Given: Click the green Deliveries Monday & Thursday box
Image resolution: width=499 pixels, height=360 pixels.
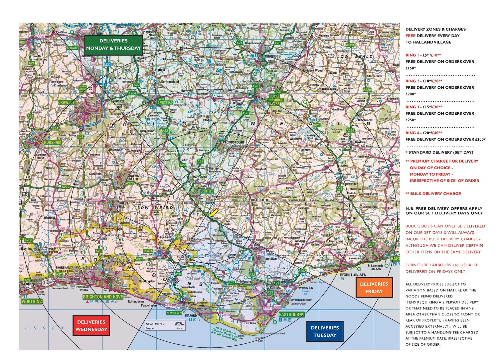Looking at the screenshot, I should click(113, 45).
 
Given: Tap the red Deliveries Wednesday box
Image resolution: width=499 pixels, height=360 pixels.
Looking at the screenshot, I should click(91, 326).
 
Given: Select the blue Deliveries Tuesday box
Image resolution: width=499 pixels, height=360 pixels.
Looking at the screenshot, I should click(325, 331).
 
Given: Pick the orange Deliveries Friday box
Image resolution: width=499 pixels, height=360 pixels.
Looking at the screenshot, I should click(374, 288).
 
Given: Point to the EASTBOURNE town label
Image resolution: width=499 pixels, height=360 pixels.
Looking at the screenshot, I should click(291, 314).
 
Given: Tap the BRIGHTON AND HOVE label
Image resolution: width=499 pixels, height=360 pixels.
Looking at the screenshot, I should click(103, 297).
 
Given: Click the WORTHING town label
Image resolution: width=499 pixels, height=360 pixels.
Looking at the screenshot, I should click(32, 301).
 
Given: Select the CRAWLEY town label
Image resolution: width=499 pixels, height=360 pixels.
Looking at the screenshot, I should click(67, 103).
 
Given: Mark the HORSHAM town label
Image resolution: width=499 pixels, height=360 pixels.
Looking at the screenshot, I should click(53, 142).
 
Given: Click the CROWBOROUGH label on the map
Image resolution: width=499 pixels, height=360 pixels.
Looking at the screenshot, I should click(233, 142).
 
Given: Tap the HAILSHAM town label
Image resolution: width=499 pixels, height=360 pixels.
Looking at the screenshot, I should click(270, 259).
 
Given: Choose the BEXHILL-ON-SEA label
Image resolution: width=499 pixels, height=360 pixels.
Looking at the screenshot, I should click(353, 275).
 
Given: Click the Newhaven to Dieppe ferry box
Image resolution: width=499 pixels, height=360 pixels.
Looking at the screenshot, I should click(165, 326).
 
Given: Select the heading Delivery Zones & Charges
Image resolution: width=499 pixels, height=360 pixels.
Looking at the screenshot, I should click(435, 29).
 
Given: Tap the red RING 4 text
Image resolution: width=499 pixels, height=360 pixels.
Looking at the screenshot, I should click(413, 133).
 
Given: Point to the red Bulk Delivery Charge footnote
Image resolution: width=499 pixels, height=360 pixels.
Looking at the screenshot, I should click(433, 193).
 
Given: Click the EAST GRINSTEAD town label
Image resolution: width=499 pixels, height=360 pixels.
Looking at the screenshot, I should click(165, 101).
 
